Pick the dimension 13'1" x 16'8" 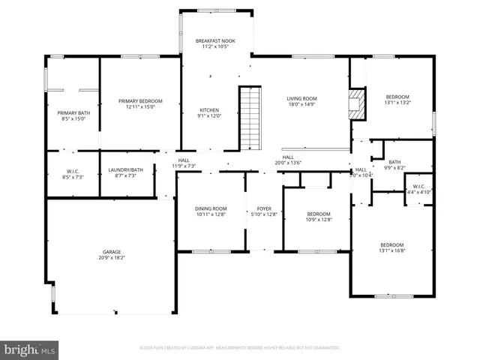coord(391,252)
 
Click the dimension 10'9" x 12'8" coord(319,220)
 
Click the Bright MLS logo coord(30,349)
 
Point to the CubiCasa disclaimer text coord(240,348)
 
